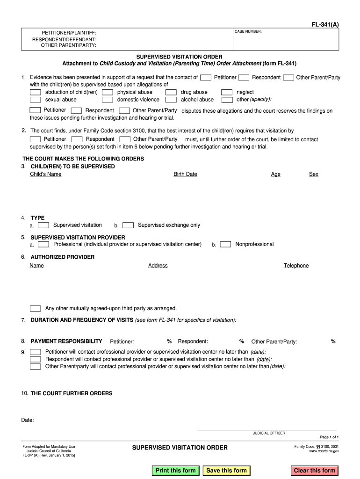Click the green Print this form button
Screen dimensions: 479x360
(176, 471)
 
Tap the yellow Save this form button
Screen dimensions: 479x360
(227, 471)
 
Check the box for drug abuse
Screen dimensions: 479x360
(172, 92)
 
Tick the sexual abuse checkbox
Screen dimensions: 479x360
(36, 100)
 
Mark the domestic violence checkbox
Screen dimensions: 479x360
(108, 100)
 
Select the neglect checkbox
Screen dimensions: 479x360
(227, 92)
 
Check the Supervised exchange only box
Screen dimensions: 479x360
(128, 225)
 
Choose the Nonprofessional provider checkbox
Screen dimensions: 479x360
(225, 244)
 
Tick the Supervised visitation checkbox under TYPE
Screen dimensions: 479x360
(43, 225)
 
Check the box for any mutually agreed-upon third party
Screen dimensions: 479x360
(36, 308)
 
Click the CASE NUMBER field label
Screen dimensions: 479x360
(248, 31)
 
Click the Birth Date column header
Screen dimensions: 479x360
(185, 174)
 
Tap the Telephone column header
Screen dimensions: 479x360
(296, 266)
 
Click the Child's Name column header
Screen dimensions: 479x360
(45, 174)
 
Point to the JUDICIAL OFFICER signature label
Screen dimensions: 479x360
(269, 433)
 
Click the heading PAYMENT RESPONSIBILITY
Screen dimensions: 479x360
(66, 341)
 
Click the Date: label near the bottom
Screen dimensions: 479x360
(28, 420)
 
